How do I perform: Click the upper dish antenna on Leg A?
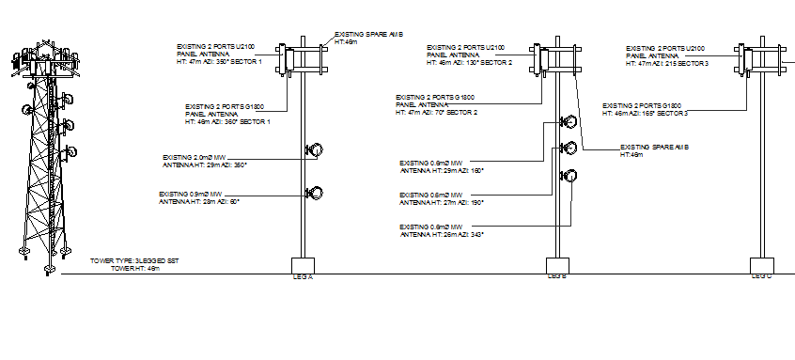click(316, 150)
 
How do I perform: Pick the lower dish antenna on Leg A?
click(316, 194)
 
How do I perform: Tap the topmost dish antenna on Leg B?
click(569, 122)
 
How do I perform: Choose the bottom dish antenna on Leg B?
click(569, 177)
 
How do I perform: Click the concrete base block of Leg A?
click(304, 265)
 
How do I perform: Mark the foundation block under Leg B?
click(558, 265)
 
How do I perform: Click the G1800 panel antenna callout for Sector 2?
click(437, 104)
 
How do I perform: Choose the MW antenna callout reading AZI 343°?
click(441, 230)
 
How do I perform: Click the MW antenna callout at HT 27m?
click(441, 200)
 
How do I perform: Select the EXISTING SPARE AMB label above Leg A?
click(368, 38)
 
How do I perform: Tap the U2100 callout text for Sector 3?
click(667, 54)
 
